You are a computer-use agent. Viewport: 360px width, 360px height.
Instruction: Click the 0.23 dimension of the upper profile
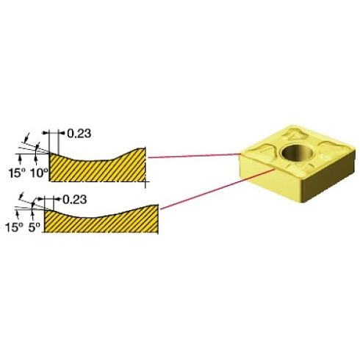[79, 134]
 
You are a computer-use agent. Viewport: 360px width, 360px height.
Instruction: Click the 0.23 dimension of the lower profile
[75, 200]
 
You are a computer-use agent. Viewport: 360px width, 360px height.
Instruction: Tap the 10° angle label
[39, 173]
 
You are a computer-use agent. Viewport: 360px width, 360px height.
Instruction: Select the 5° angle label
[34, 228]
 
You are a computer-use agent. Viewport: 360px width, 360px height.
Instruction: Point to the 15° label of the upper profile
[17, 173]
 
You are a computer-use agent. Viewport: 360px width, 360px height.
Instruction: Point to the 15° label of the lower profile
[14, 228]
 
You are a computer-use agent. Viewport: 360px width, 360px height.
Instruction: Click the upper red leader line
[194, 156]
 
